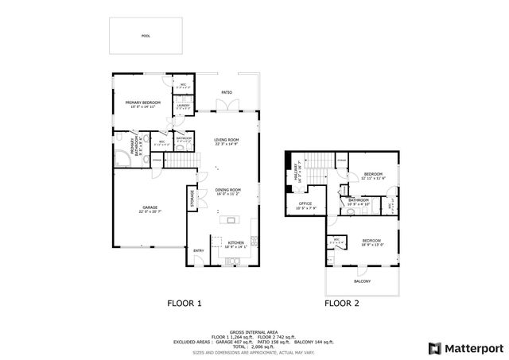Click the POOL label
146,36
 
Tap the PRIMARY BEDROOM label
142,103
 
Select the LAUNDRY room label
182,105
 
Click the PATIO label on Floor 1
227,93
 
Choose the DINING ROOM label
227,190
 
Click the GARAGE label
150,207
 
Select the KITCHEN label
235,242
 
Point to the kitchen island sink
231,220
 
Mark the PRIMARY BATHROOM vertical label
133,148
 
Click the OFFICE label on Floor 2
306,203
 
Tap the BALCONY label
362,281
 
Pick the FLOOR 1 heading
184,303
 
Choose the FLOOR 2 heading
342,303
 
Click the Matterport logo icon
434,348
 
